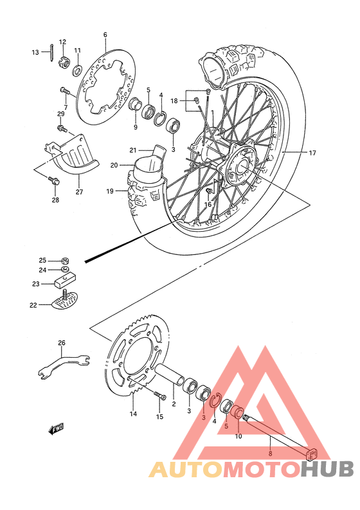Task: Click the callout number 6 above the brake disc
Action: (105, 35)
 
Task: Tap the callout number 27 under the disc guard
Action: (79, 191)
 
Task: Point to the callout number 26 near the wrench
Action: (62, 343)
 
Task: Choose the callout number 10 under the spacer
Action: (238, 437)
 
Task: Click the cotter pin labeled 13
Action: (51, 52)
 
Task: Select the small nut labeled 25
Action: (65, 261)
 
